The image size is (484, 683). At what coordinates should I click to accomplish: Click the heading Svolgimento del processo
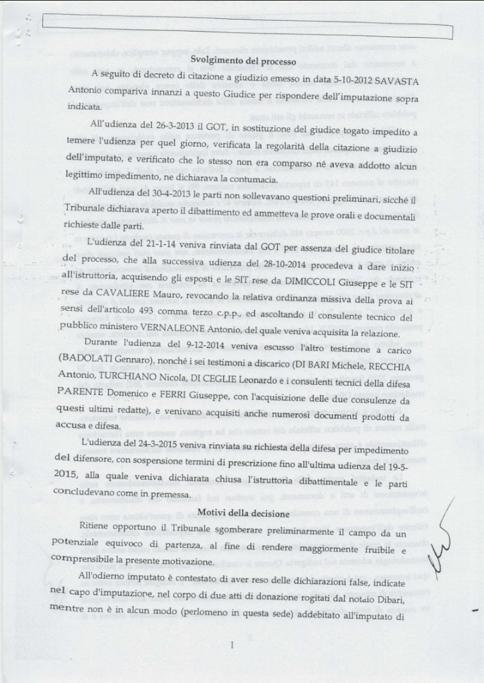[x=243, y=61]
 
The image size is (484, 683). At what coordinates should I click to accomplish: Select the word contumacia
[x=250, y=178]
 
